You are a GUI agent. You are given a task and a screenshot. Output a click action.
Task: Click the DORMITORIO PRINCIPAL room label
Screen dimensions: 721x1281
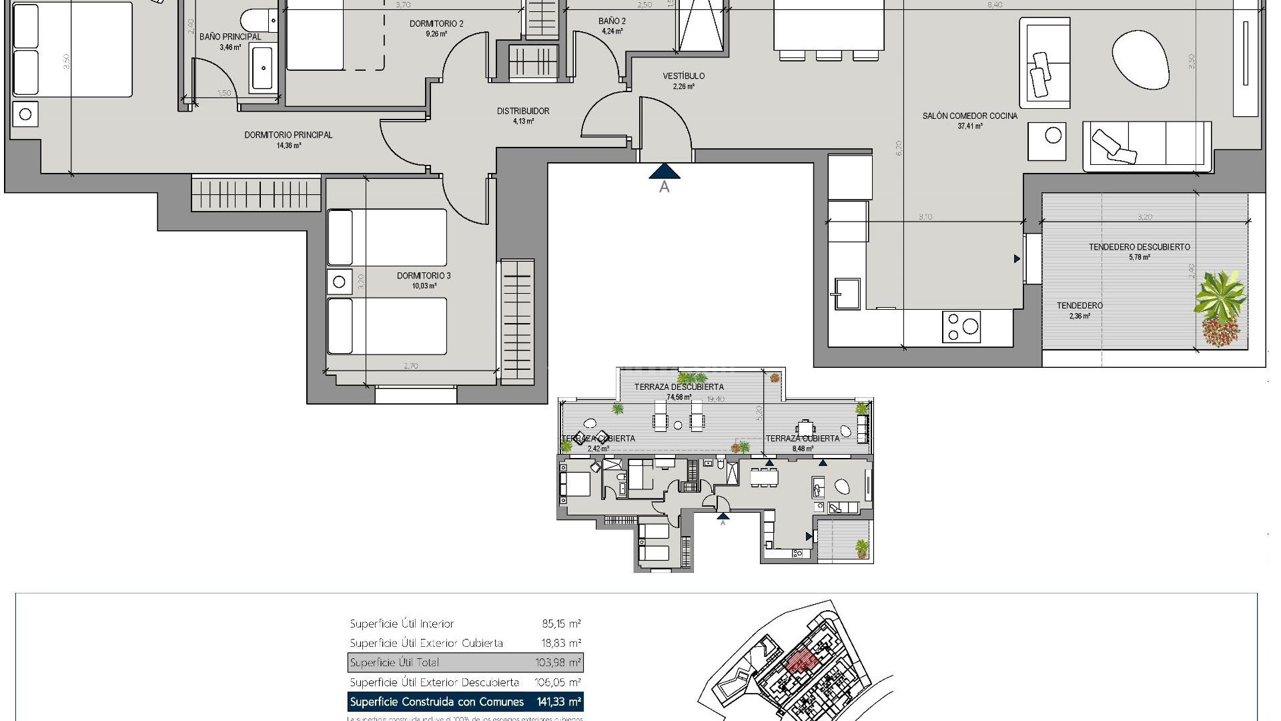pos(288,135)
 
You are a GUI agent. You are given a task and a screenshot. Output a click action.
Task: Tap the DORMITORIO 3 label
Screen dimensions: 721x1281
pos(424,276)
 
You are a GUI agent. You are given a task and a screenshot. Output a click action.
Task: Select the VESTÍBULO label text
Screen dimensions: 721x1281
pos(683,76)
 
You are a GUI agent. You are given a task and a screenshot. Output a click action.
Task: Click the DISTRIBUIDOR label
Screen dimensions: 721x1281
pos(523,111)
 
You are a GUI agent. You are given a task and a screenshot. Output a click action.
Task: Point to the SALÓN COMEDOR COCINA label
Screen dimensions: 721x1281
pos(969,116)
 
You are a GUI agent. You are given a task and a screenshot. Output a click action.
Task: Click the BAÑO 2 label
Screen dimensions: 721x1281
pos(612,21)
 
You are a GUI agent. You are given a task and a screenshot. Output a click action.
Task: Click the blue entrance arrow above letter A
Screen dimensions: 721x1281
pos(665,172)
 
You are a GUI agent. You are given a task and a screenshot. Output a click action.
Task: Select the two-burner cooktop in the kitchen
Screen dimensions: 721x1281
pos(961,327)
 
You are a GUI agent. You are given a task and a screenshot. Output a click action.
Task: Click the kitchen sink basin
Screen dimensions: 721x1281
pos(845,293)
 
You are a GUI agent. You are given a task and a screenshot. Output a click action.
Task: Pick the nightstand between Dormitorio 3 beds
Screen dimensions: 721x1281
pos(339,282)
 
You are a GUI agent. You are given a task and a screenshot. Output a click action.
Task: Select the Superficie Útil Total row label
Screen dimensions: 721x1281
pos(394,663)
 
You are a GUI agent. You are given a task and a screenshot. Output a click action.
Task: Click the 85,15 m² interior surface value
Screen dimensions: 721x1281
pos(561,624)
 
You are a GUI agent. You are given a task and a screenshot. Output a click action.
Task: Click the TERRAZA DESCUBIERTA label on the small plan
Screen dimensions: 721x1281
pos(679,387)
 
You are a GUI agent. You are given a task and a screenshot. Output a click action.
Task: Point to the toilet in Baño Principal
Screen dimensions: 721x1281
pos(254,17)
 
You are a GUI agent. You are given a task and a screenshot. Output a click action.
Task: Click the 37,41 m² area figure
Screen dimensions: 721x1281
pos(969,126)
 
